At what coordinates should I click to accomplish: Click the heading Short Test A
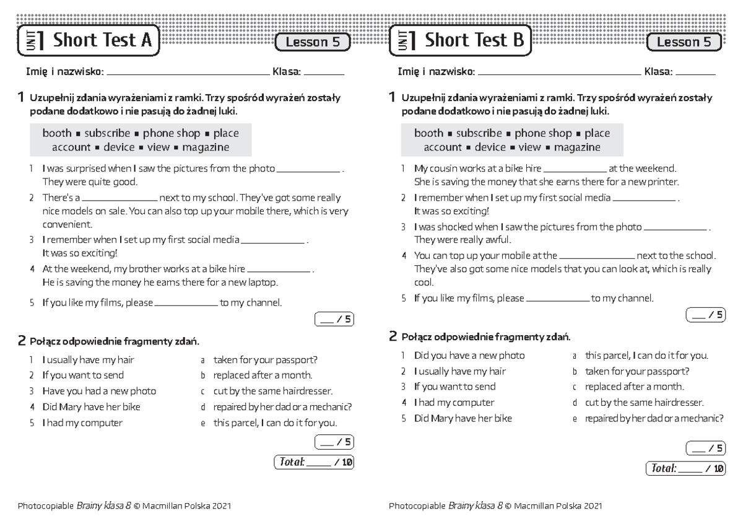click(102, 41)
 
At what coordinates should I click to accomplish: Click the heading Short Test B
click(474, 41)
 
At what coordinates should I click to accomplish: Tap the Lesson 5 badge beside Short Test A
click(313, 42)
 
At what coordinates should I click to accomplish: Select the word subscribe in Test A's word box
click(107, 133)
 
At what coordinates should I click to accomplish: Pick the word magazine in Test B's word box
click(577, 147)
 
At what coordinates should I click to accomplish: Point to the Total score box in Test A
click(313, 462)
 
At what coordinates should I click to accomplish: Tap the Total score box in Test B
click(685, 468)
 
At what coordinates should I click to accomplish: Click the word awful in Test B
click(498, 240)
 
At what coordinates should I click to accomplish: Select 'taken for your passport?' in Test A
click(265, 359)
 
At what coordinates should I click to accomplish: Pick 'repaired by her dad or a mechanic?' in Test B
click(654, 418)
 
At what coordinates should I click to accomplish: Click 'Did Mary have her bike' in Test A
click(91, 407)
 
